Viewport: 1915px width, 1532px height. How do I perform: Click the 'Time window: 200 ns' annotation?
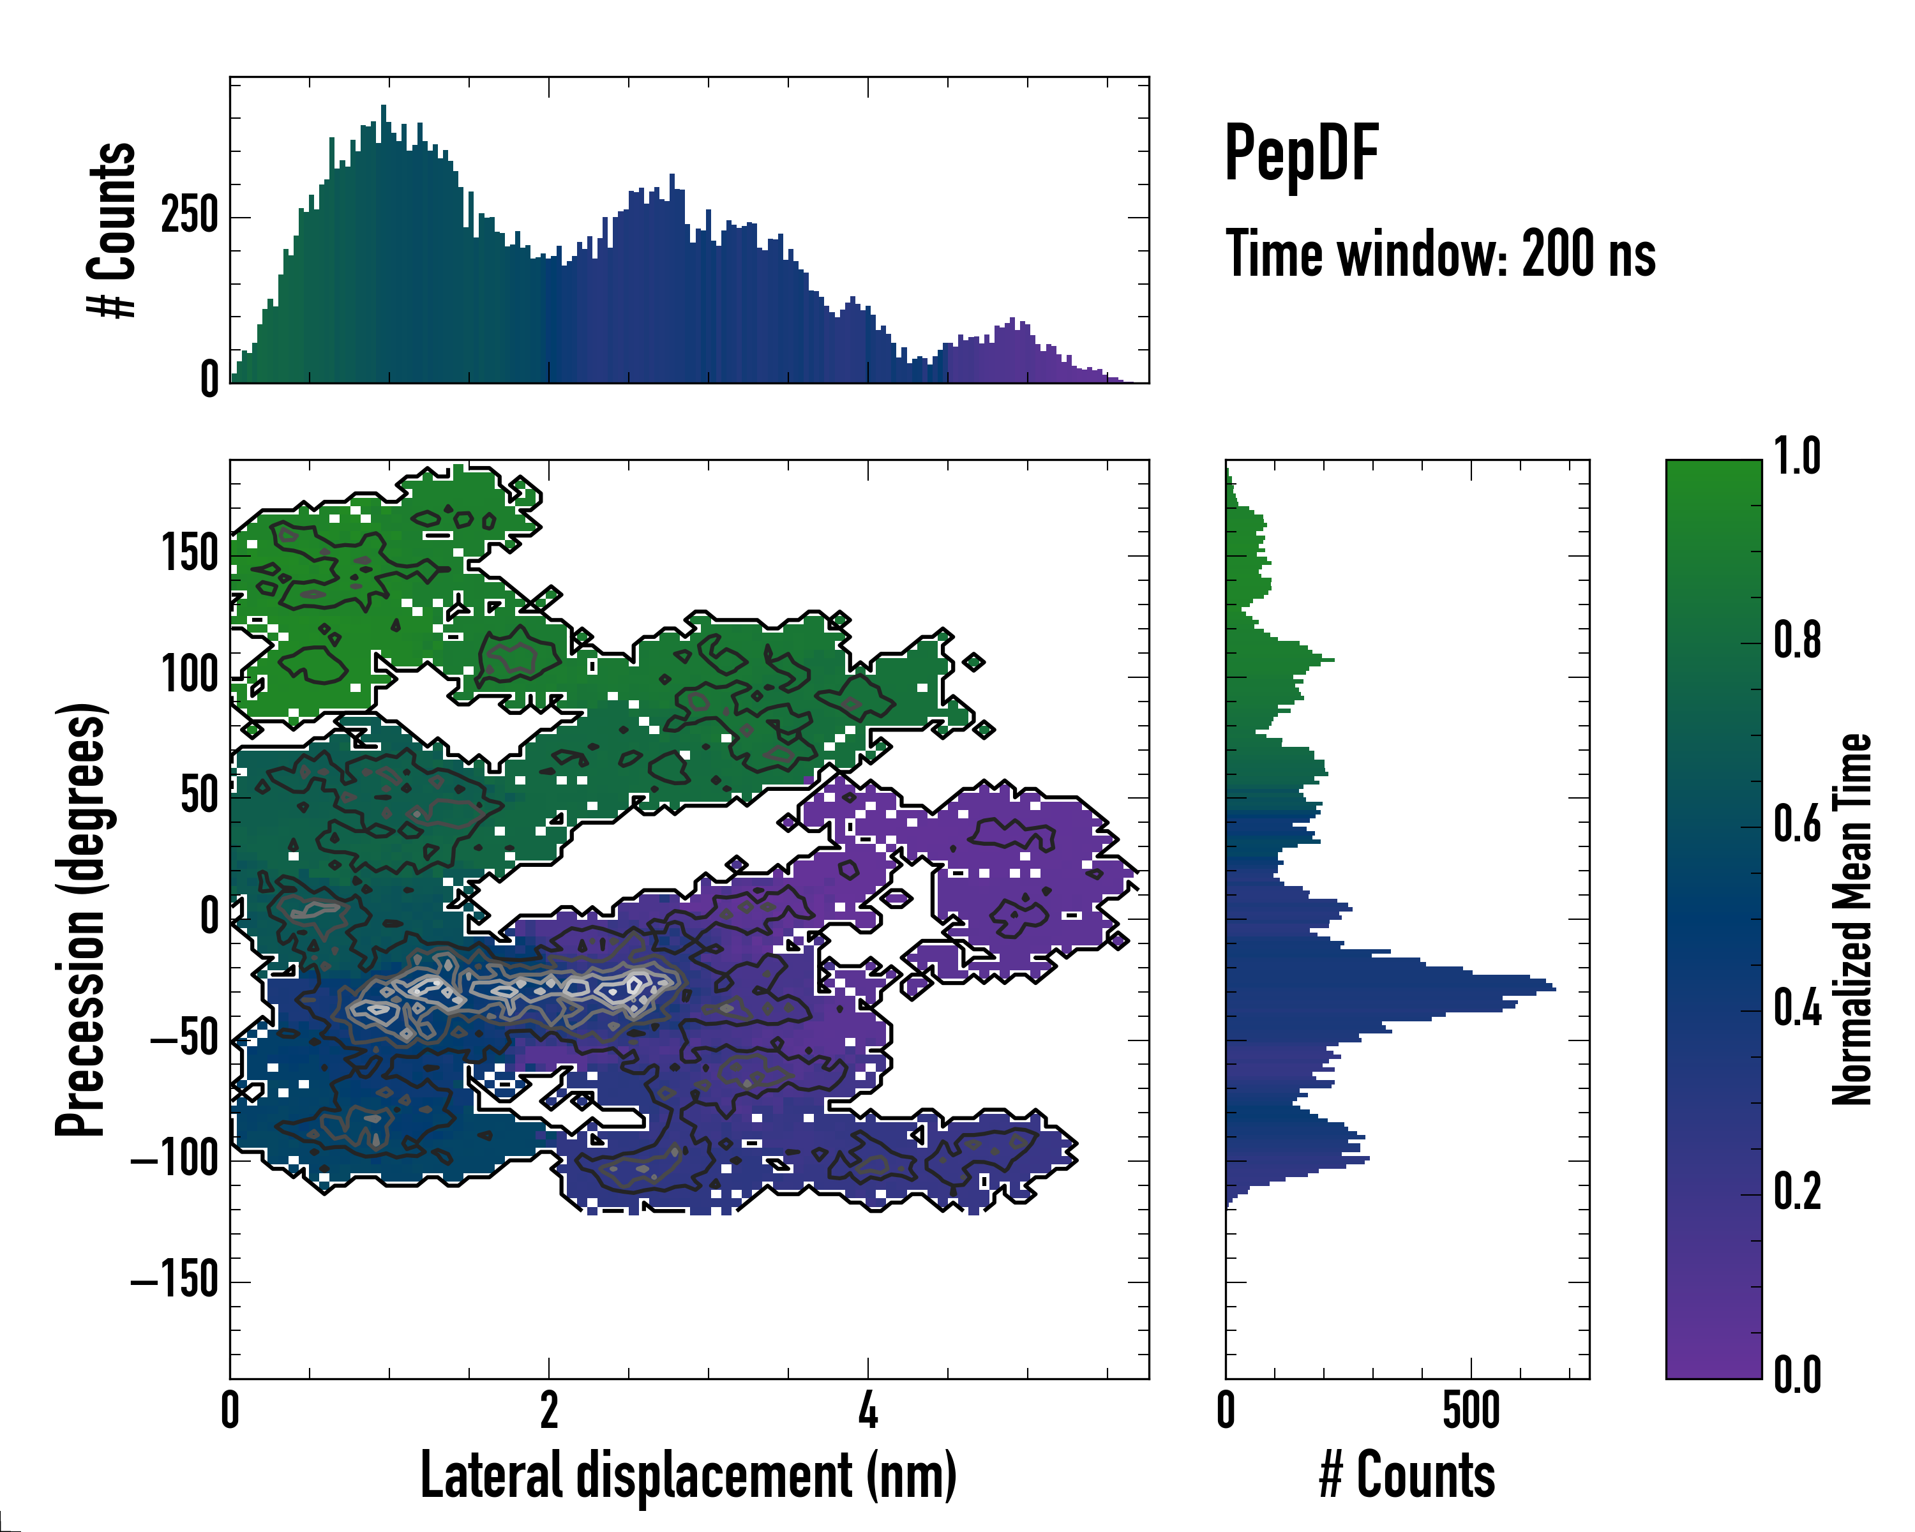pos(1440,254)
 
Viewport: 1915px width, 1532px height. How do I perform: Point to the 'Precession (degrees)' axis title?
pos(81,919)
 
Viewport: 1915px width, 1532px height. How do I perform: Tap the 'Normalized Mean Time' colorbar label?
pos(1853,919)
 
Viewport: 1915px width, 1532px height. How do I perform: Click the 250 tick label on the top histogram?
pos(189,216)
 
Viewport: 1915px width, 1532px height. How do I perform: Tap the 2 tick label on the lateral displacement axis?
pos(549,1410)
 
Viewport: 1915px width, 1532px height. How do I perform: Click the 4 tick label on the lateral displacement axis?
pos(867,1410)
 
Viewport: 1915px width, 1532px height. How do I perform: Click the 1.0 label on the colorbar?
pos(1797,458)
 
